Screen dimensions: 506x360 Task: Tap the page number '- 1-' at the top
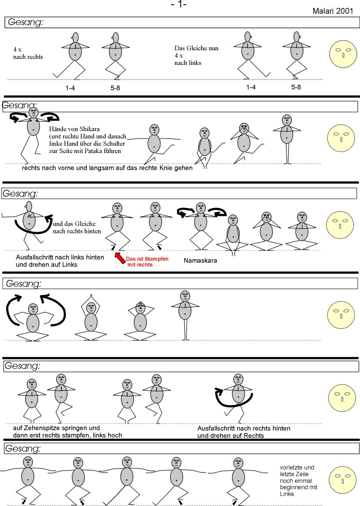[178, 5]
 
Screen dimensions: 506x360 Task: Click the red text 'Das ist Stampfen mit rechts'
[141, 262]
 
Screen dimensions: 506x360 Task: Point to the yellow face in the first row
[342, 55]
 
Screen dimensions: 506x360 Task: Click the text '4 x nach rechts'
[28, 53]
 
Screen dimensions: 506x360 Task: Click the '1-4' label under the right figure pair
[251, 87]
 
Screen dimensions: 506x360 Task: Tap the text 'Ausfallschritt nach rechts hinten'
[244, 429]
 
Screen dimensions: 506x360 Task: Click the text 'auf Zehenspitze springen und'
[54, 428]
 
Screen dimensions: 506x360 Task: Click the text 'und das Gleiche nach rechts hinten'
[77, 227]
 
